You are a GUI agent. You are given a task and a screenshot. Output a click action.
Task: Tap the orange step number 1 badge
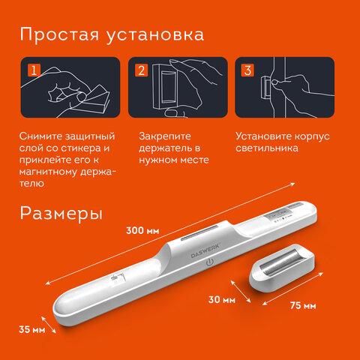[31, 70]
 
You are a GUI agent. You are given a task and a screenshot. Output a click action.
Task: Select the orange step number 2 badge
[140, 70]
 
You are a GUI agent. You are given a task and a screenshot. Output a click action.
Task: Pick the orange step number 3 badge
[247, 70]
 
